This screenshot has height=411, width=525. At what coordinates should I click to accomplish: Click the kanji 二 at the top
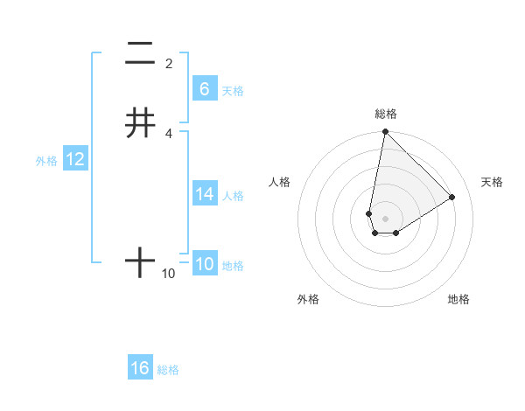pos(140,54)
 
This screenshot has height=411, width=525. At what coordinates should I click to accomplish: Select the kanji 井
pos(140,122)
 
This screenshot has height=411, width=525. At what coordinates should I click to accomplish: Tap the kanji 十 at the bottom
pos(140,262)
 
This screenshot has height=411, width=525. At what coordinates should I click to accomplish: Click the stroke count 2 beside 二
pos(169,63)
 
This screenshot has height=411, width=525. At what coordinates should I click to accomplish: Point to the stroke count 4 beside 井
pos(169,133)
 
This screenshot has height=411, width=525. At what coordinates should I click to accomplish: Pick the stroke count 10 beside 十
pos(169,274)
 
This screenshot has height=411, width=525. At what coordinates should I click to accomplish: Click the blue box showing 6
pos(205,88)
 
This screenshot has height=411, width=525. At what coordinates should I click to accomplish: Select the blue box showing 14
pos(205,194)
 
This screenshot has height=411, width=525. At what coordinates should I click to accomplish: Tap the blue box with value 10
pos(205,264)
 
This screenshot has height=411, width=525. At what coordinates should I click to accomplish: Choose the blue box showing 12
pos(75,159)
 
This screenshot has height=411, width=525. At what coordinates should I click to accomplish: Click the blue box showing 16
pos(140,368)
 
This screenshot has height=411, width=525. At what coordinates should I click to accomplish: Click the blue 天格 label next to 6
pos(233,90)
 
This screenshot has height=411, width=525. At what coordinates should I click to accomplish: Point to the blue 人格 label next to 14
pos(233,196)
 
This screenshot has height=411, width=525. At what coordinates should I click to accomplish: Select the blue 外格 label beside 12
pos(46,161)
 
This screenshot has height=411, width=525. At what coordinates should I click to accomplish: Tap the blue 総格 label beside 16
pos(168,370)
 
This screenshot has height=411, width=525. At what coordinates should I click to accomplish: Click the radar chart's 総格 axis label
pos(386,114)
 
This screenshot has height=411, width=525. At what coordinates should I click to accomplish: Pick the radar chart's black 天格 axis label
pos(493,182)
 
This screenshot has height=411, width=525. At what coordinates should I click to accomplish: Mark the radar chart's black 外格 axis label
pos(308,299)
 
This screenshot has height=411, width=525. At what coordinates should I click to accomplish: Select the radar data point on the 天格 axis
pos(452,197)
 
